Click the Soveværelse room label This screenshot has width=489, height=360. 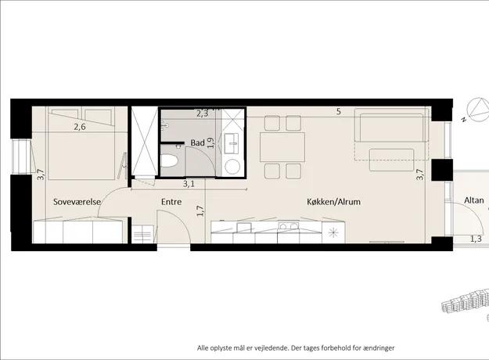click(x=77, y=202)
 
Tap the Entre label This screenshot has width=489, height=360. click(x=171, y=202)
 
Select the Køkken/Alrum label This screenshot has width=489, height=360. click(x=333, y=202)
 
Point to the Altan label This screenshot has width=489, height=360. click(x=474, y=200)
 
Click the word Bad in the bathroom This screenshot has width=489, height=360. click(x=198, y=143)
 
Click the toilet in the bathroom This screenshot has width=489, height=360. click(x=169, y=161)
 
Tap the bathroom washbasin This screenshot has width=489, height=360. click(x=231, y=143)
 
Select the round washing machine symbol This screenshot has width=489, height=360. click(x=232, y=167)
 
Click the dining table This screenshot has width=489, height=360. click(x=282, y=147)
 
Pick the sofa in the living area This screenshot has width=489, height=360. click(x=392, y=125)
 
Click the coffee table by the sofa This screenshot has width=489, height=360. click(x=392, y=160)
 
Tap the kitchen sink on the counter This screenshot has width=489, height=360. click(x=244, y=227)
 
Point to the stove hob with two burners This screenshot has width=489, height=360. click(x=289, y=226)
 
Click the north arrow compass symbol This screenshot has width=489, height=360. click(x=478, y=110)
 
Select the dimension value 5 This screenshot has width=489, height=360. click(x=339, y=111)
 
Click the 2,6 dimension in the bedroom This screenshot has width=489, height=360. click(x=80, y=127)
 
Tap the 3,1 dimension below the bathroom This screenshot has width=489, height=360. click(x=189, y=184)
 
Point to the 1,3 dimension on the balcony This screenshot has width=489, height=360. click(x=476, y=239)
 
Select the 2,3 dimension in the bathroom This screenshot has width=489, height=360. click(x=203, y=113)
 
